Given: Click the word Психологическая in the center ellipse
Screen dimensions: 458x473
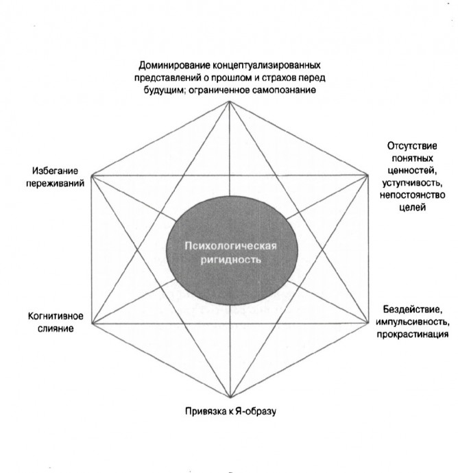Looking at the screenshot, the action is (230, 245).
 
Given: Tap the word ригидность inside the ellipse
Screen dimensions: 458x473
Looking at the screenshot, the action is (231, 260).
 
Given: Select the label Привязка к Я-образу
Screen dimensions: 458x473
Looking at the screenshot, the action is (230, 411).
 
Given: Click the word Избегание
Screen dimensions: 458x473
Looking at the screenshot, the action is (55, 171).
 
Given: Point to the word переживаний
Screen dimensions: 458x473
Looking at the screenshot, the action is (55, 184).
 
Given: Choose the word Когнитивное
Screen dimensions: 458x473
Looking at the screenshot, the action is (56, 316).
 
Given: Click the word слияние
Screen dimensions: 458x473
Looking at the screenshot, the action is (56, 328).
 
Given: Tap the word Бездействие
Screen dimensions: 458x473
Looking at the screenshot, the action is (413, 309).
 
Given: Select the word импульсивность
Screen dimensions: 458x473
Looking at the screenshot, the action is (413, 322).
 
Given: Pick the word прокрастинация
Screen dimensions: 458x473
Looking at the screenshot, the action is (413, 335).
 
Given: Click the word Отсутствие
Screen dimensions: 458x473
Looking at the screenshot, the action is (412, 146).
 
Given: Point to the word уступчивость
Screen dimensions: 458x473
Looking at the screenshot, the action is (412, 183).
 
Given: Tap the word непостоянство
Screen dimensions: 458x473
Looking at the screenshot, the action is (412, 195).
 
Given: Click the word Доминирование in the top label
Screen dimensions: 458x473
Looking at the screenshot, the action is (174, 65).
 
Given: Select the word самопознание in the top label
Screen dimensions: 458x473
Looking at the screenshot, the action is (284, 90).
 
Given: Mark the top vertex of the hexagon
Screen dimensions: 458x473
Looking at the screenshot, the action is (230, 101).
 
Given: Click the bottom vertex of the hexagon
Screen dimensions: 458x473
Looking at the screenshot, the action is (230, 398).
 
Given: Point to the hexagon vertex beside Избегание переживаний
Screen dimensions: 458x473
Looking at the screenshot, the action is (92, 175).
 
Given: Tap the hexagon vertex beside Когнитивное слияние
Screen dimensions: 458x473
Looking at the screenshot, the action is (92, 324).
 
